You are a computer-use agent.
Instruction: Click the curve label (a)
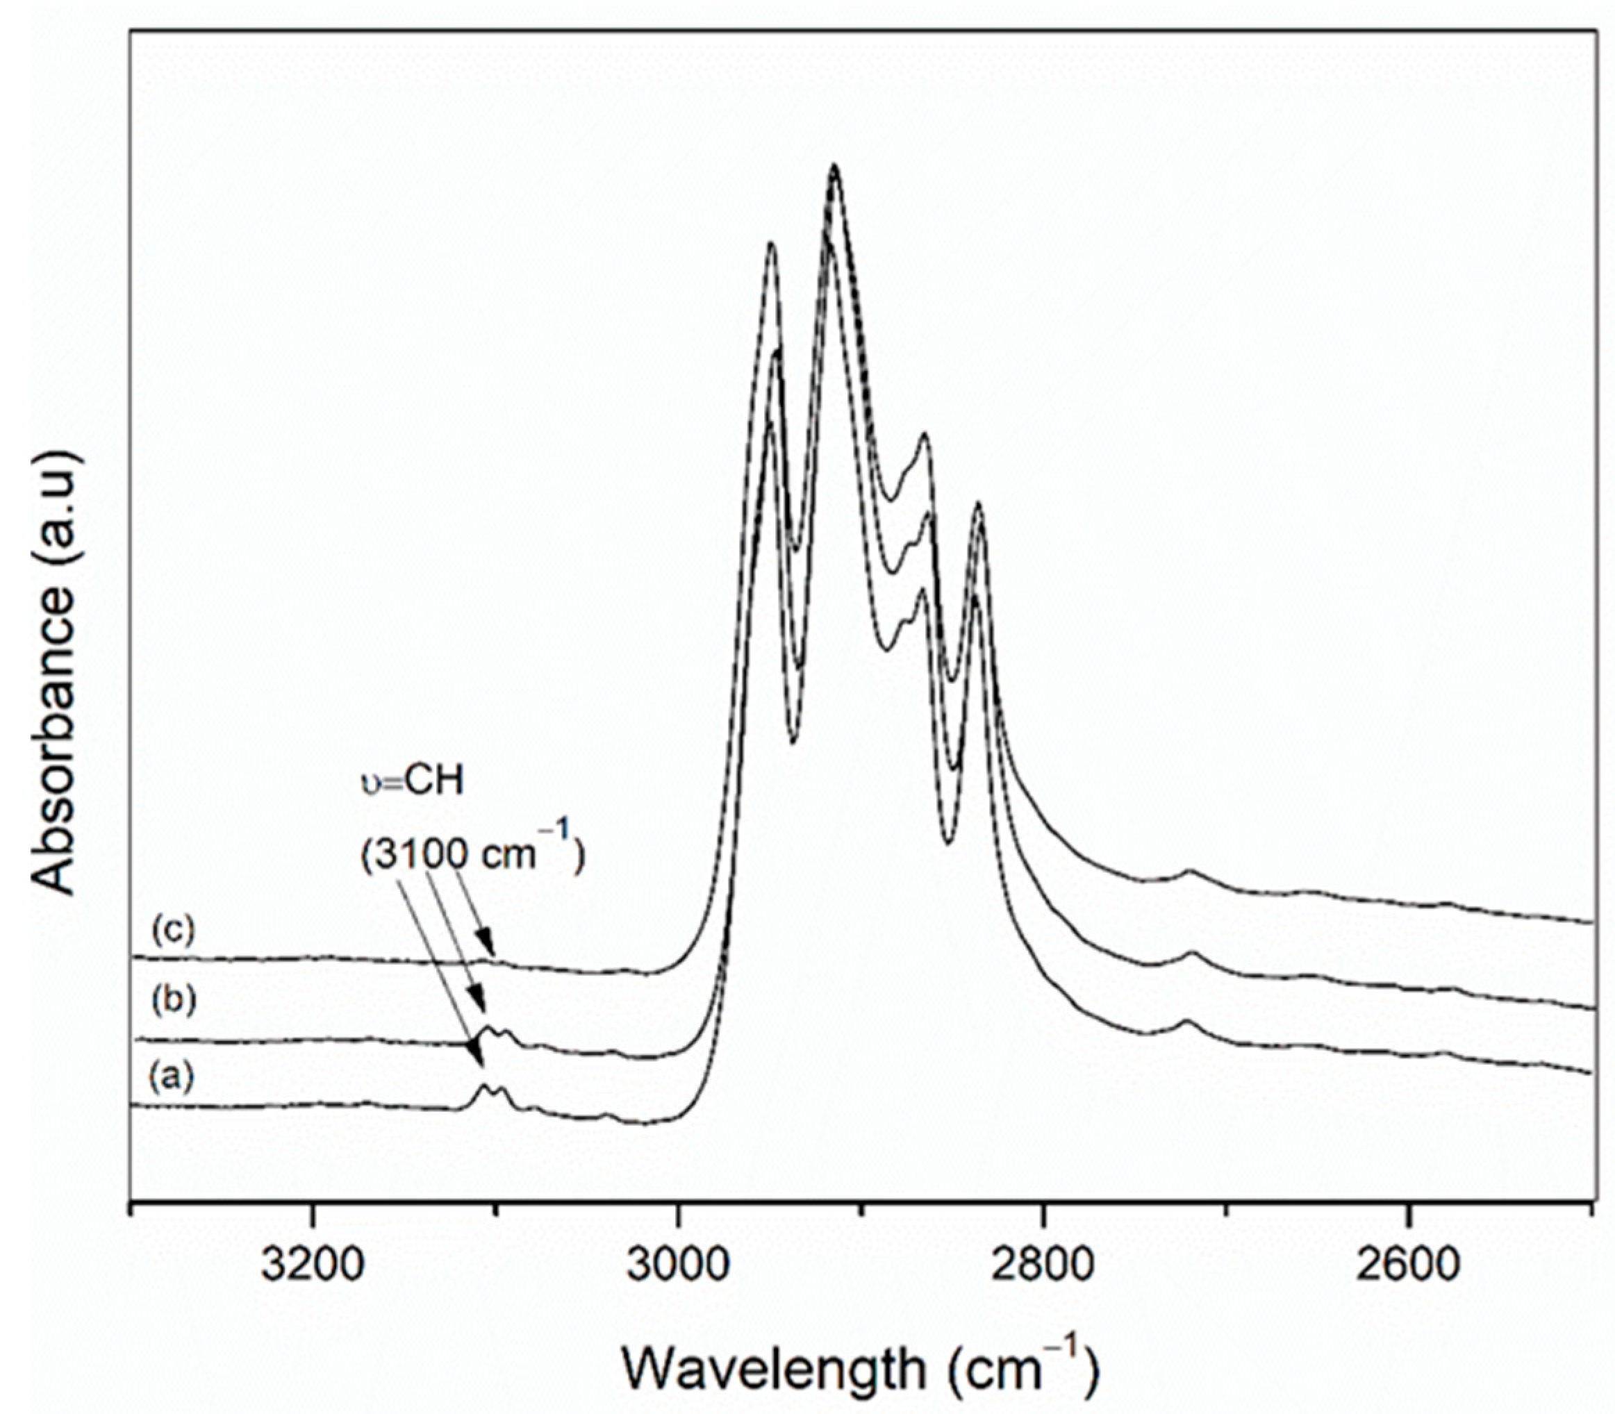pyautogui.click(x=170, y=1076)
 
